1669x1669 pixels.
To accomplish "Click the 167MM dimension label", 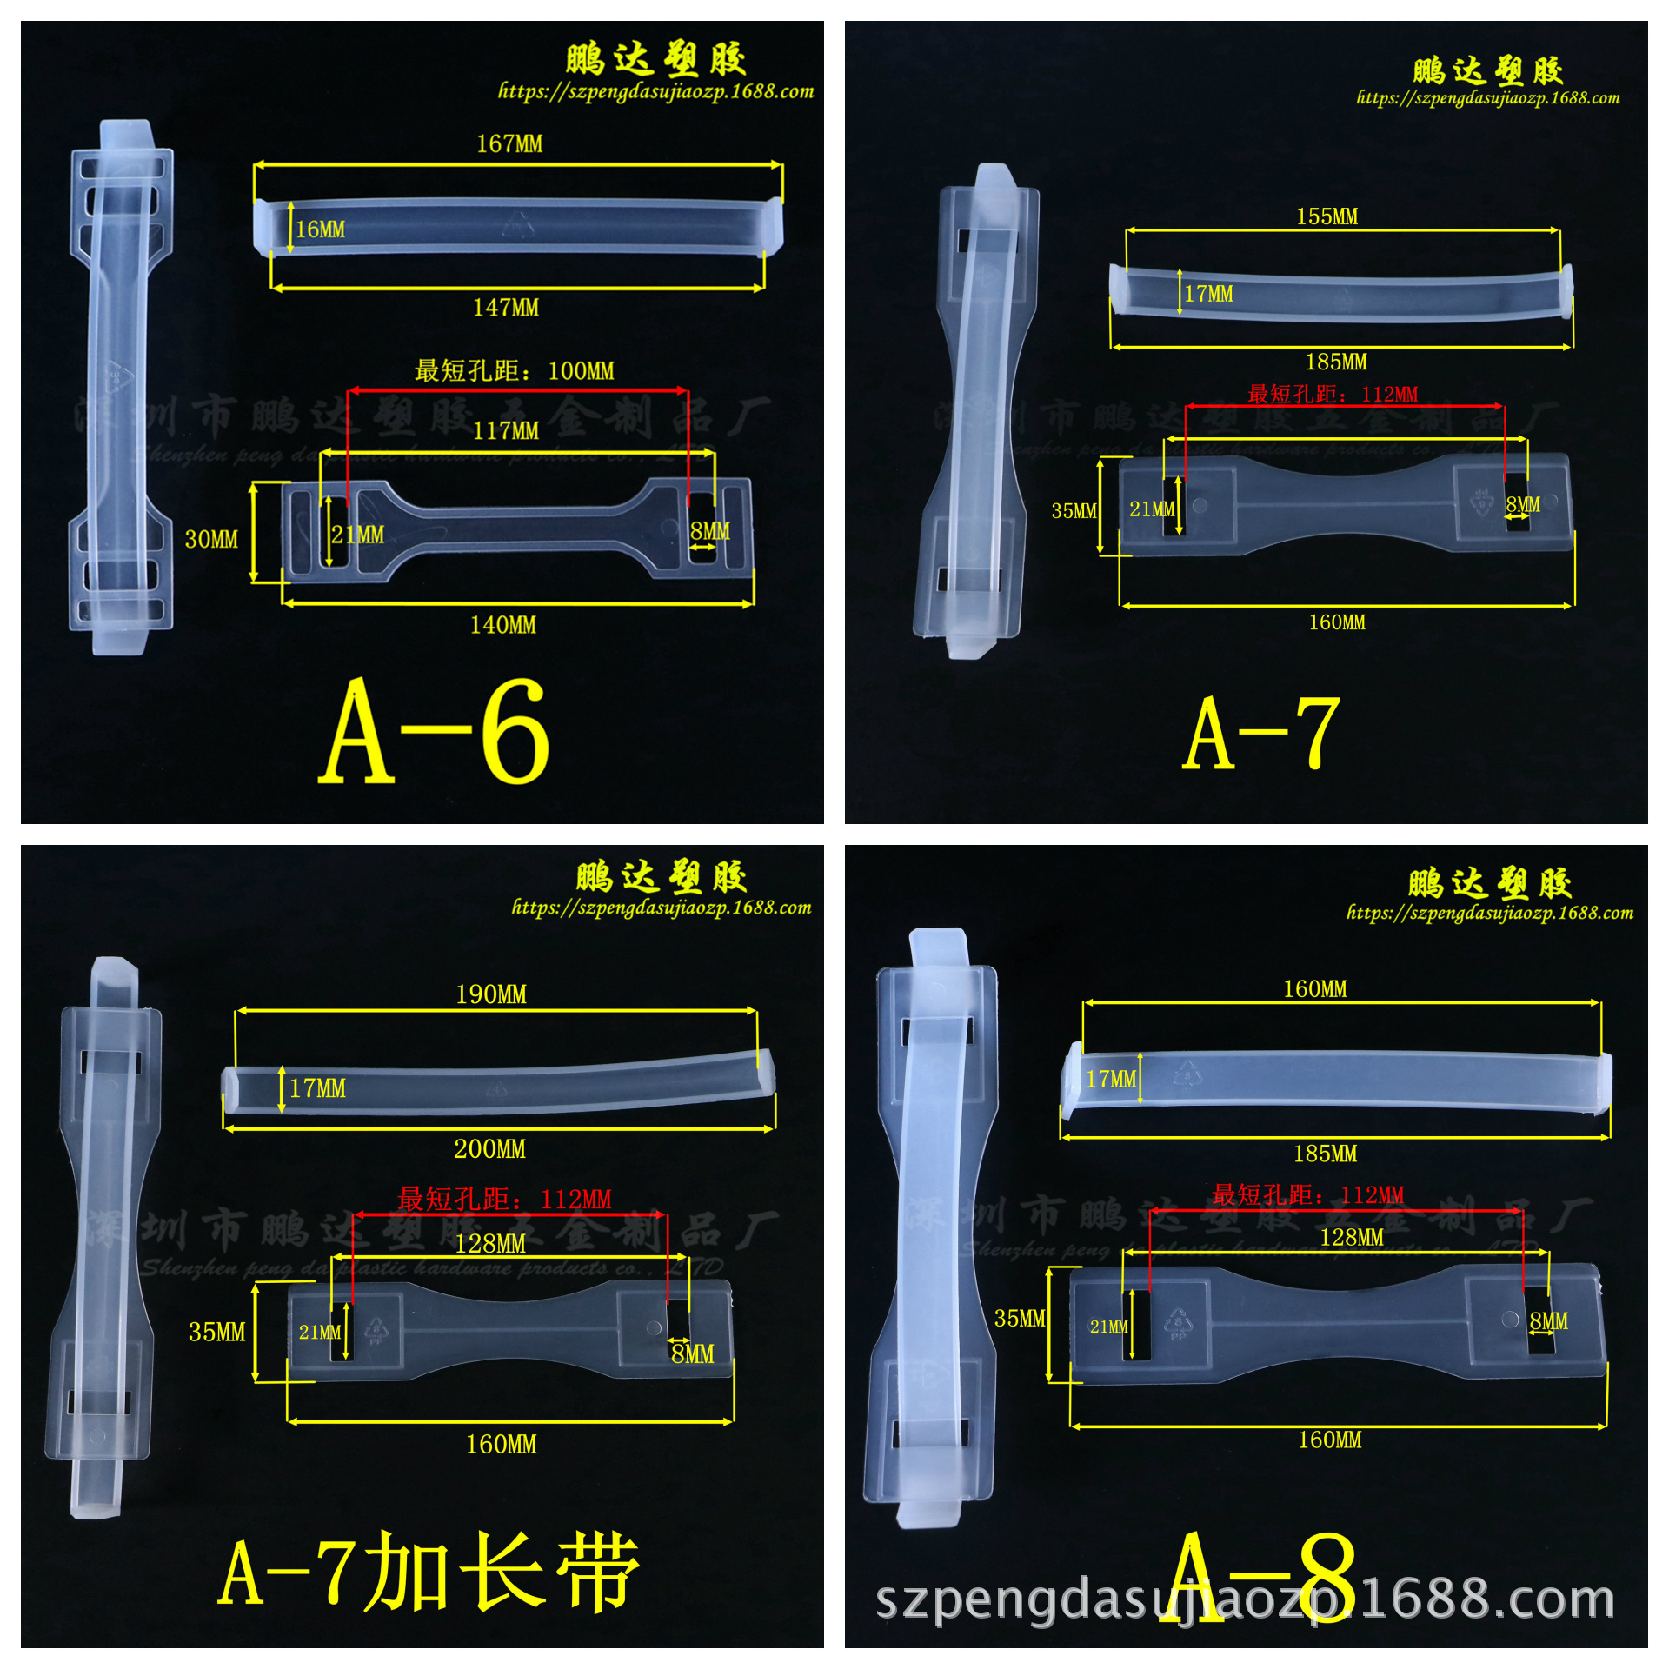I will tap(509, 143).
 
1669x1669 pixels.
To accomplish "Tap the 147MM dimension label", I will tap(506, 308).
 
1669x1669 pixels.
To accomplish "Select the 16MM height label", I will tap(320, 229).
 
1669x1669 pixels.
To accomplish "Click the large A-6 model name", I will tap(435, 732).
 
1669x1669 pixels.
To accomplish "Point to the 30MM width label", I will tap(211, 539).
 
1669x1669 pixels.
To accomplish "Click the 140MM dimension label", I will tap(503, 625).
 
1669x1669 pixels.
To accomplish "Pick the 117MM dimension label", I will tap(506, 431).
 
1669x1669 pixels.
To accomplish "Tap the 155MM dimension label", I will tap(1327, 216).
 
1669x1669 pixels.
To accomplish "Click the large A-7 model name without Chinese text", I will tap(1261, 735).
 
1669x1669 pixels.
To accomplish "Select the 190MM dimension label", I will tap(491, 994).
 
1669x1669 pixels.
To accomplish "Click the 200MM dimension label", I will tap(489, 1149).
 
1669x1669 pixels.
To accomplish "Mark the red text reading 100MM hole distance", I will tap(514, 371).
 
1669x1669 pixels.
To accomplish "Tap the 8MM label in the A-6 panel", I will tap(709, 531).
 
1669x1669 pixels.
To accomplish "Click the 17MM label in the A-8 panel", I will tap(1111, 1079).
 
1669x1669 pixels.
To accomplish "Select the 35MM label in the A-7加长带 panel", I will tap(217, 1332).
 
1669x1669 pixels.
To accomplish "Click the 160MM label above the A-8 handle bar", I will tap(1315, 989).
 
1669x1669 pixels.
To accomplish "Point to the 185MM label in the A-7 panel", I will tap(1336, 362).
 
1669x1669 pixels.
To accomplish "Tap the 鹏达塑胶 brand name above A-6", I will tap(656, 60).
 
